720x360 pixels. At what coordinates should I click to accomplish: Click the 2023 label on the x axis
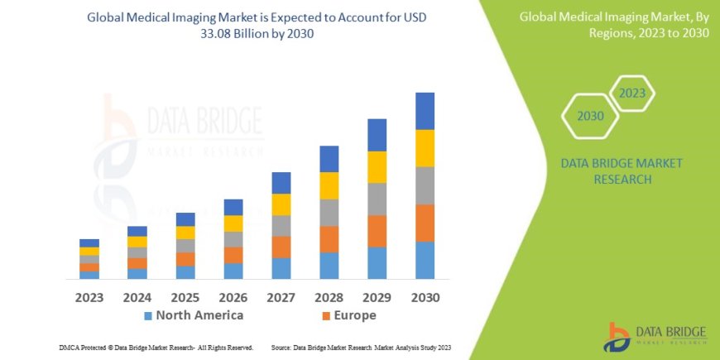click(89, 297)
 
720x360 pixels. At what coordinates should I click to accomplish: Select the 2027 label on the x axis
click(281, 297)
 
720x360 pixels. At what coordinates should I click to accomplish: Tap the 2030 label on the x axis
click(425, 297)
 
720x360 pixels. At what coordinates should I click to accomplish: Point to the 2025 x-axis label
click(185, 297)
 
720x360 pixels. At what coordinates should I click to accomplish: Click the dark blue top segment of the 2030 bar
click(425, 111)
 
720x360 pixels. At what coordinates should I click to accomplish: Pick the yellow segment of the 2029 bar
click(377, 167)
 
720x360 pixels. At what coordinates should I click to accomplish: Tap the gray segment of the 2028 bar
click(329, 213)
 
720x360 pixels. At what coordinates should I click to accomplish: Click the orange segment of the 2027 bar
click(281, 247)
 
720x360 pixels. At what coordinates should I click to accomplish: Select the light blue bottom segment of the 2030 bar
click(425, 260)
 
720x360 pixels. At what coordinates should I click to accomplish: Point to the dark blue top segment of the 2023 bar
click(89, 242)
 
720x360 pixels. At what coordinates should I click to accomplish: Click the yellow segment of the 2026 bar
click(233, 223)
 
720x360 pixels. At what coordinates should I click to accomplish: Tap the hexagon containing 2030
click(590, 116)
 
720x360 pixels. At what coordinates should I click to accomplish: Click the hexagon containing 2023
click(631, 93)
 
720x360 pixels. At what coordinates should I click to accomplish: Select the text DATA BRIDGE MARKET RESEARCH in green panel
click(622, 170)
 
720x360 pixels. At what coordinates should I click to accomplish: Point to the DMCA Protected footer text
click(156, 348)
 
